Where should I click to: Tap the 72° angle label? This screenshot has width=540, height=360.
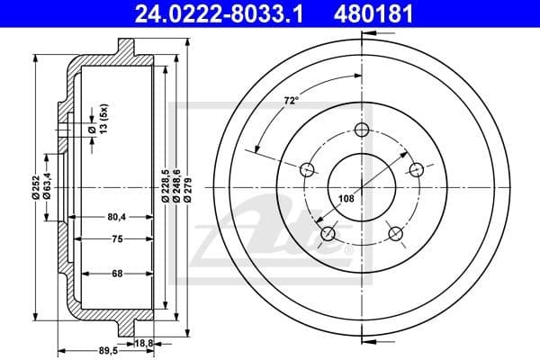(x=291, y=102)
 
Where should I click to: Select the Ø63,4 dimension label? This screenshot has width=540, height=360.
(x=47, y=183)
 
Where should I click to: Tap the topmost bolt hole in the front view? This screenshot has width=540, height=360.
(x=362, y=130)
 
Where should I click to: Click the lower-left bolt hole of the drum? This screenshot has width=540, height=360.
(x=328, y=234)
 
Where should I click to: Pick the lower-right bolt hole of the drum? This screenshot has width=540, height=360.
(x=395, y=234)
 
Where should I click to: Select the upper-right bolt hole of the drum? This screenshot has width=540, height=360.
(x=416, y=169)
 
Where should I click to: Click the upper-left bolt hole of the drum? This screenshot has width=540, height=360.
(x=307, y=169)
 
